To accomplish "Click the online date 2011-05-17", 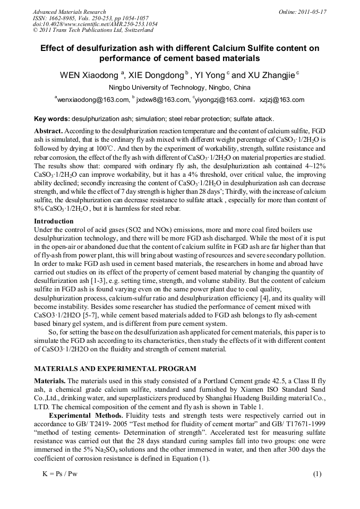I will (x=311, y=11).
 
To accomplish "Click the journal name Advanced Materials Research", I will (x=70, y=11).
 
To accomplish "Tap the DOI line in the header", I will (x=95, y=24).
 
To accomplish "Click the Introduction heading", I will (x=54, y=221).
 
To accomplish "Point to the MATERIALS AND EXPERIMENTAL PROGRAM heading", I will (x=115, y=368).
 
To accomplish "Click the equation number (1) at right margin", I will (x=317, y=473).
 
